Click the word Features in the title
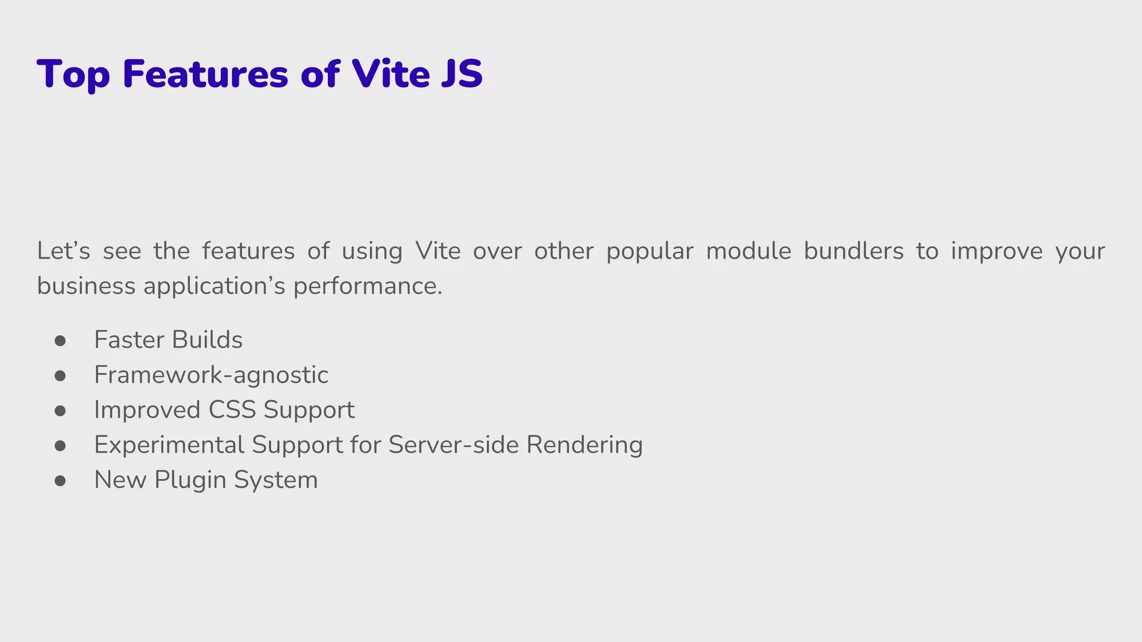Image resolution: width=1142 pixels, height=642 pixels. pos(205,74)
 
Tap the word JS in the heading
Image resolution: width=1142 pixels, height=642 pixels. pos(461,74)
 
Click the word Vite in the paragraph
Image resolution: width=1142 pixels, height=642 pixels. pos(438,251)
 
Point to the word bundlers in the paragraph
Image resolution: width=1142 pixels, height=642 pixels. pos(853,251)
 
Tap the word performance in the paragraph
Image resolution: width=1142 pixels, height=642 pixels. pos(367,286)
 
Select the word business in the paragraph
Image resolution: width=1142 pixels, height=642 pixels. pos(86,286)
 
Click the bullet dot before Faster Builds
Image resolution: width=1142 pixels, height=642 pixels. pos(60,341)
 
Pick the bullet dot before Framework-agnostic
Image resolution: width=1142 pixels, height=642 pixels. pos(60,376)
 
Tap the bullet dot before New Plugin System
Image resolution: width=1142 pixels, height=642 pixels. pos(60,480)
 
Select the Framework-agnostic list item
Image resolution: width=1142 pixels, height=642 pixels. pos(211,375)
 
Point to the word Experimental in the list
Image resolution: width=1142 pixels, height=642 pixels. pos(169,445)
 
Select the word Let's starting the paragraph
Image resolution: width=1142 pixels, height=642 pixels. pos(64,251)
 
